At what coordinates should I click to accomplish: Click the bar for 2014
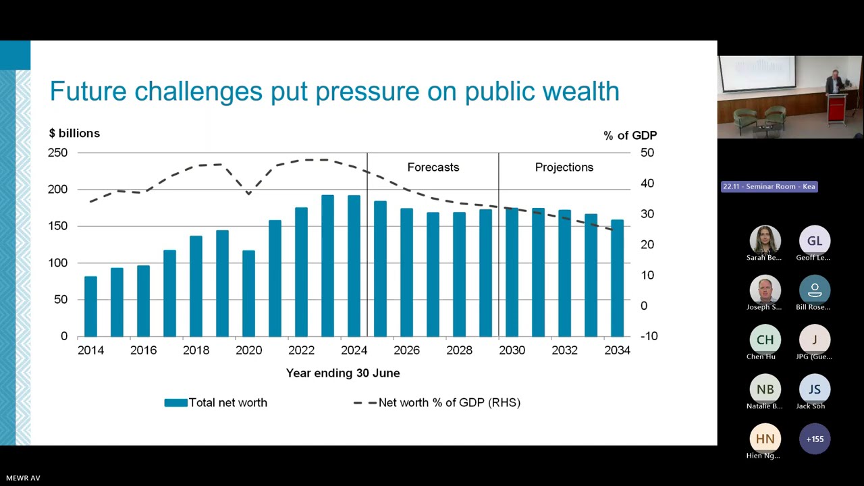90,306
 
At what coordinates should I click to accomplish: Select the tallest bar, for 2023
327,266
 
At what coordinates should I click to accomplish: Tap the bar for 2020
248,294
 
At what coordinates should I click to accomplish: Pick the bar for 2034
617,278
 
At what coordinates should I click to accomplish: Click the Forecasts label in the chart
433,167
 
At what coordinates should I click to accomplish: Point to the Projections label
564,167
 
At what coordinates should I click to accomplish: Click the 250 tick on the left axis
57,153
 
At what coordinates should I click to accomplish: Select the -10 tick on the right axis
648,336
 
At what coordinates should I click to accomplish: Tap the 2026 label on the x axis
406,350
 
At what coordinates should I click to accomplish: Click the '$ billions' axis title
74,134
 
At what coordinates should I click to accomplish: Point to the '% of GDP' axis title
630,136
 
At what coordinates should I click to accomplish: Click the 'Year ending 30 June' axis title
343,373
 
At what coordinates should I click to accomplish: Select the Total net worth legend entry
216,403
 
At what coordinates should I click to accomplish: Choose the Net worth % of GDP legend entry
437,403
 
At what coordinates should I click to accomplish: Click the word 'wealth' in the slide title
572,92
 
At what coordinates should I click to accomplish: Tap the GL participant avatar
814,241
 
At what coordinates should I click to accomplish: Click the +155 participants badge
815,439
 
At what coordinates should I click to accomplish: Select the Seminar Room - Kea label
769,186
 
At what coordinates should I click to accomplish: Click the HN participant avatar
765,439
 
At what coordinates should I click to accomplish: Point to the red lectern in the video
837,108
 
